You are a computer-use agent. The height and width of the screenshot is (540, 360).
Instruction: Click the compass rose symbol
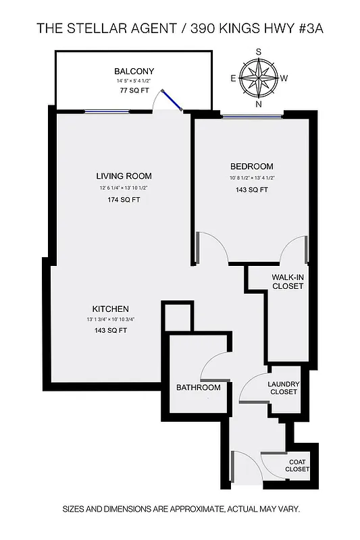pyautogui.click(x=259, y=78)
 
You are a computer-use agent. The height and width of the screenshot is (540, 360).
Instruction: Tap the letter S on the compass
pyautogui.click(x=259, y=51)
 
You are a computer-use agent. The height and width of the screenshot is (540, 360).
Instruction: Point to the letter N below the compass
pyautogui.click(x=259, y=105)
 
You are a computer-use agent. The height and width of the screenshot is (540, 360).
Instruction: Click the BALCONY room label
pyautogui.click(x=134, y=71)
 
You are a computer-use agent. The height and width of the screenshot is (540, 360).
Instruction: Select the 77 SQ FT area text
pyautogui.click(x=134, y=90)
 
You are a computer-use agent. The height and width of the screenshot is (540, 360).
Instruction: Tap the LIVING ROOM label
pyautogui.click(x=124, y=176)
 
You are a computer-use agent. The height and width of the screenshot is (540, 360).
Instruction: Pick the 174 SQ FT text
pyautogui.click(x=124, y=200)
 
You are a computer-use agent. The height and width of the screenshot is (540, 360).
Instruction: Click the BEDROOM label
pyautogui.click(x=251, y=167)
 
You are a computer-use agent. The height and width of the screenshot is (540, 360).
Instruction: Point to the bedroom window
pyautogui.click(x=251, y=117)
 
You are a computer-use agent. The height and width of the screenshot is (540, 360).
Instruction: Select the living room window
pyautogui.click(x=107, y=111)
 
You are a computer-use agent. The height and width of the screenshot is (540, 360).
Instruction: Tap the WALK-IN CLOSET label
pyautogui.click(x=288, y=281)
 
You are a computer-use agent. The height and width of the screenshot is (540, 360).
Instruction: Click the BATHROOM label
pyautogui.click(x=199, y=387)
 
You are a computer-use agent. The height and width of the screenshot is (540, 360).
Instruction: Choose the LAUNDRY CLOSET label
pyautogui.click(x=284, y=388)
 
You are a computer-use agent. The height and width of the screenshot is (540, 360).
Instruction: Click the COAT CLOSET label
pyautogui.click(x=297, y=465)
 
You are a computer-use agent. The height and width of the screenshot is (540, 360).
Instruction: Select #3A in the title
pyautogui.click(x=309, y=28)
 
